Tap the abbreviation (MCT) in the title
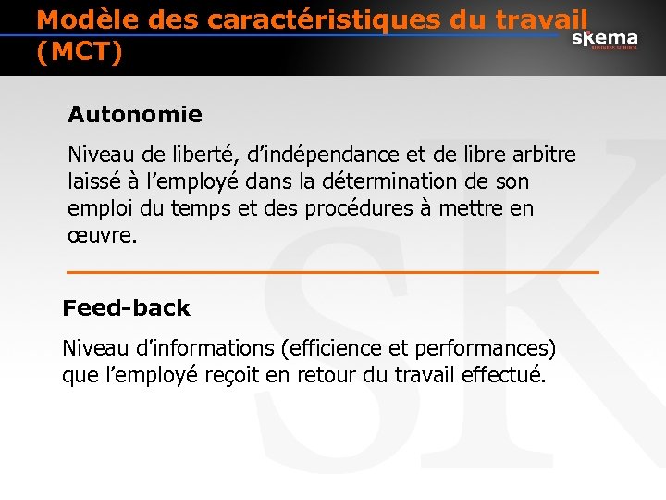pos(79,53)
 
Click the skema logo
pos(605,39)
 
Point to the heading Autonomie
pos(134,115)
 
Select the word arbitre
pos(541,154)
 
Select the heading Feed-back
pos(126,307)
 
